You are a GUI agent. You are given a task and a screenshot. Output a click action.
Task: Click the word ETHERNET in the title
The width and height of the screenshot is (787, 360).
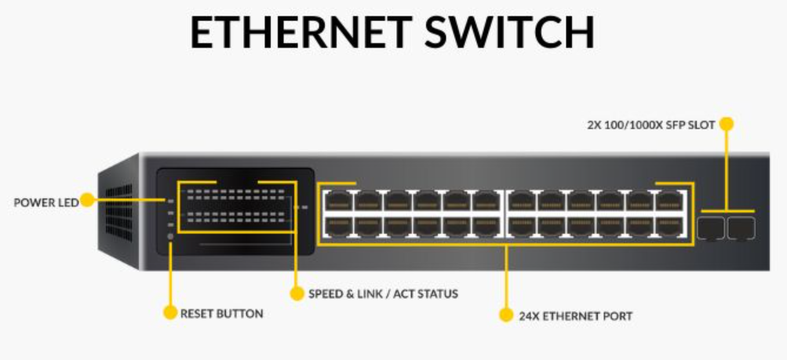[x=301, y=33]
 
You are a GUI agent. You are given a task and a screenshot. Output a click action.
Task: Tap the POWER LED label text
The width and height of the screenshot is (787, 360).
[x=46, y=202]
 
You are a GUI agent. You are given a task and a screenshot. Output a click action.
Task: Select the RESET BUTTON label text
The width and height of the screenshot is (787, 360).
[x=222, y=313]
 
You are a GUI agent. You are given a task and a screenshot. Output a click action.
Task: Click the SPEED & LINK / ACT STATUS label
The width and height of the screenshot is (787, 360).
[x=383, y=294]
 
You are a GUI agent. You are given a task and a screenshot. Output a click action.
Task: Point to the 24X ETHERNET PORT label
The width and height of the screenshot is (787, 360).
[x=575, y=316]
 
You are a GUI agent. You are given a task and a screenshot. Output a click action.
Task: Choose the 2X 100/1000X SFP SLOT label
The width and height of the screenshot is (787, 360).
[x=650, y=124]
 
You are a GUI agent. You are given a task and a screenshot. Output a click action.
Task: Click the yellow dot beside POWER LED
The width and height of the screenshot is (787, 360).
[x=86, y=202]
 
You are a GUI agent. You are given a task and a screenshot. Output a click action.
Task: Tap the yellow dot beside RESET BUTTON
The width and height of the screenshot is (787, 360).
[x=169, y=313]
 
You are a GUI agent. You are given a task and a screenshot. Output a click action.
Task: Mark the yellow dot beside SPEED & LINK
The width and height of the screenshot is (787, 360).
[x=296, y=294]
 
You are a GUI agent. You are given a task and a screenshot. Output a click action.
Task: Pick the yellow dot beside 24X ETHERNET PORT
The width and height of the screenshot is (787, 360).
[x=506, y=316]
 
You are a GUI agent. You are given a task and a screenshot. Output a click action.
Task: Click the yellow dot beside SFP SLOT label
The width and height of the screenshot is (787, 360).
[x=727, y=124]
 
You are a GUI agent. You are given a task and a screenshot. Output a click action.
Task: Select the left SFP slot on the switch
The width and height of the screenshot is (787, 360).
[x=710, y=228]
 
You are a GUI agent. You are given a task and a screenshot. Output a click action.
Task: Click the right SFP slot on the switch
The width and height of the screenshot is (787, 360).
[x=740, y=228]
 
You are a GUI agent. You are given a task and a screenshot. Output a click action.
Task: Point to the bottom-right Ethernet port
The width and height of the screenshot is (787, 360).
[x=669, y=227]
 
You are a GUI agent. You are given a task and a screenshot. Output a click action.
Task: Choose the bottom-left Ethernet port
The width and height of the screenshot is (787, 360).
[x=337, y=227]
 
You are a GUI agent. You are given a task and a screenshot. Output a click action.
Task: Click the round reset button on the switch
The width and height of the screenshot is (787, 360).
[x=170, y=236]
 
